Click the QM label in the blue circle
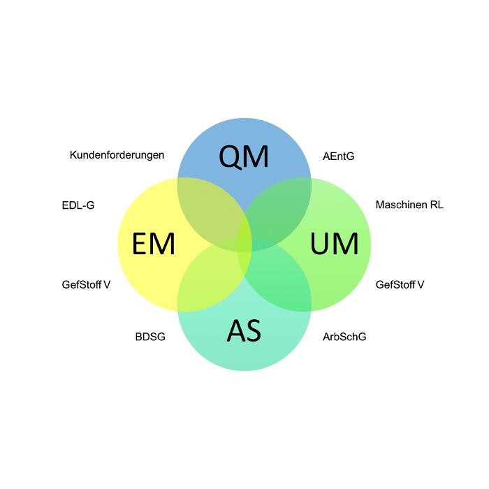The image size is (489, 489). tap(244, 156)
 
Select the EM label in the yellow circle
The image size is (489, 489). tap(153, 245)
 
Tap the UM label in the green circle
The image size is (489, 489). tap(334, 245)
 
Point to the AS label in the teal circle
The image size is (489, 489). tap(244, 330)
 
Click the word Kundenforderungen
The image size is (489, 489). tap(117, 155)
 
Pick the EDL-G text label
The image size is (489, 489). tap(78, 205)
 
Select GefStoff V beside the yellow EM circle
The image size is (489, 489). tap(86, 284)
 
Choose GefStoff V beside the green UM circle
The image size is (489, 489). tap(400, 284)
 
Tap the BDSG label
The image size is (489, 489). tap(150, 337)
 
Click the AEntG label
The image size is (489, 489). tap(338, 156)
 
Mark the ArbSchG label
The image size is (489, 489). tap(344, 337)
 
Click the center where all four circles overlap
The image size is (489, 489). tap(245, 244)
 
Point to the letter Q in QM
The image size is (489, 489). tap(231, 157)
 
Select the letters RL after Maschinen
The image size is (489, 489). tap(437, 205)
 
